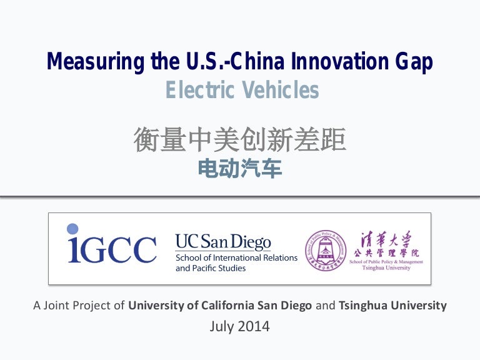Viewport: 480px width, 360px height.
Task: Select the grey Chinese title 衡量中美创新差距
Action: pyautogui.click(x=240, y=140)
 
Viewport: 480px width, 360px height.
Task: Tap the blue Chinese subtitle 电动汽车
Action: pyautogui.click(x=240, y=168)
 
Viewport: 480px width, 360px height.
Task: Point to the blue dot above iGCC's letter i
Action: pyautogui.click(x=72, y=229)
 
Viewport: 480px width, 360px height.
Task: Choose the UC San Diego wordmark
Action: pyautogui.click(x=223, y=242)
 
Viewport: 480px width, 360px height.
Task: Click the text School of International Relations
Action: pyautogui.click(x=236, y=257)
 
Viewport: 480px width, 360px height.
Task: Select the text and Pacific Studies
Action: pyautogui.click(x=211, y=268)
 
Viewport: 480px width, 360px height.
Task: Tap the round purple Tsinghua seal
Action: pyautogui.click(x=325, y=251)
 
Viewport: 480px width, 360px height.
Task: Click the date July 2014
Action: pyautogui.click(x=240, y=326)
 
